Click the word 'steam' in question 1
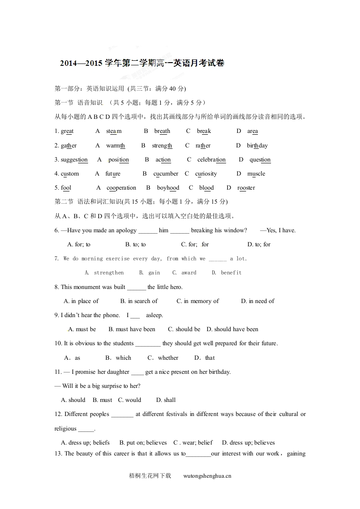(114, 131)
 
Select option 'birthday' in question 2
(257, 146)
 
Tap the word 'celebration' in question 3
(211, 160)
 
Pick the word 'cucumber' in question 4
(166, 174)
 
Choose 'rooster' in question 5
(246, 188)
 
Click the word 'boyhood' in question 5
(168, 188)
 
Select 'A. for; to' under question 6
(79, 245)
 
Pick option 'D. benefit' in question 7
(227, 273)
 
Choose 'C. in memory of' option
(197, 301)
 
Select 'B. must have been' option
(132, 329)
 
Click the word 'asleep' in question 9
(154, 315)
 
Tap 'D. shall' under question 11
(166, 400)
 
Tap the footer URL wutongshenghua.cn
(207, 476)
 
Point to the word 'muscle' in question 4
(256, 174)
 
